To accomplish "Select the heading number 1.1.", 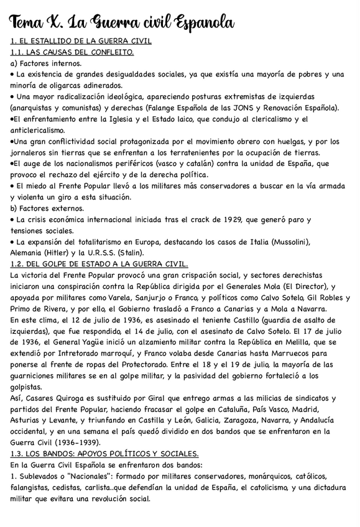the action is (x=19, y=52).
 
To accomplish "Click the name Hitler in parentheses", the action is (x=70, y=253).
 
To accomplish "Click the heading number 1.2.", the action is (x=19, y=264).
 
